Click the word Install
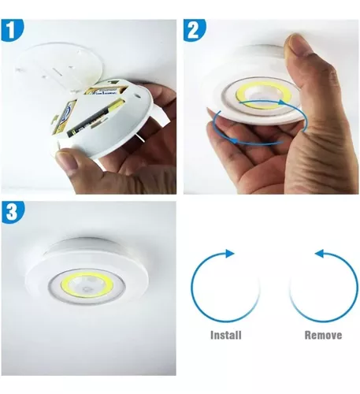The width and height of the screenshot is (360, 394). pos(225,335)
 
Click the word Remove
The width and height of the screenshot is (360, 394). pos(323,335)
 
